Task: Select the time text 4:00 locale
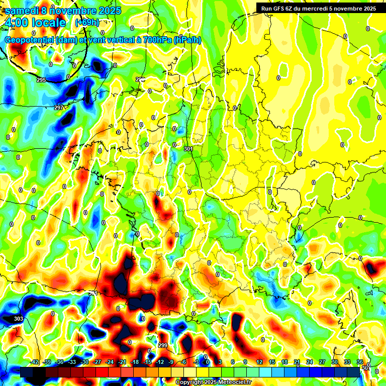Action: pyautogui.click(x=35, y=23)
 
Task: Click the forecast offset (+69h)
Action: pyautogui.click(x=87, y=23)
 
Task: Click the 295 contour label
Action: pyautogui.click(x=41, y=80)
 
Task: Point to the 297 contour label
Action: pyautogui.click(x=59, y=108)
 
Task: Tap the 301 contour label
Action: pyautogui.click(x=188, y=149)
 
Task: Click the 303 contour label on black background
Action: pyautogui.click(x=18, y=319)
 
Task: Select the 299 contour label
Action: pyautogui.click(x=162, y=345)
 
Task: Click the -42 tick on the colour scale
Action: pyautogui.click(x=35, y=362)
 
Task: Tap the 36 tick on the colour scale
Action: pyautogui.click(x=360, y=362)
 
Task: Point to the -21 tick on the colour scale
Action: pyautogui.click(x=122, y=362)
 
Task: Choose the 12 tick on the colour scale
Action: pyautogui.click(x=259, y=362)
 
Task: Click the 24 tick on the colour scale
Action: pyautogui.click(x=310, y=362)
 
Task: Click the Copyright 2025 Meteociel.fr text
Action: pyautogui.click(x=213, y=382)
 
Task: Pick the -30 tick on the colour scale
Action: pyautogui.click(x=84, y=362)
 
